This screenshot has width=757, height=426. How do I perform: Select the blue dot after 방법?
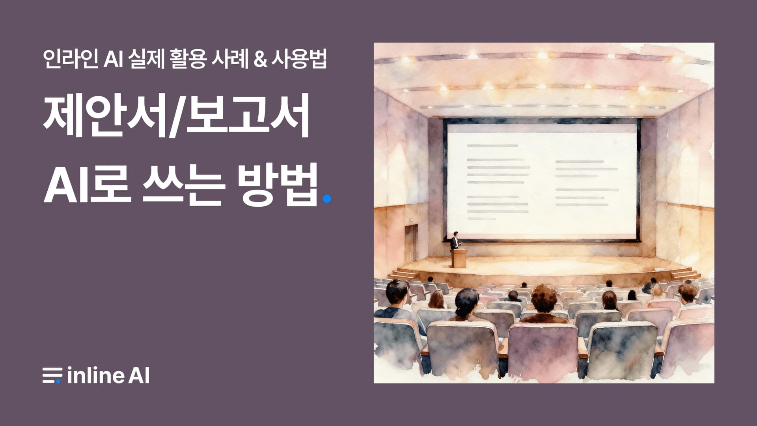pyautogui.click(x=326, y=199)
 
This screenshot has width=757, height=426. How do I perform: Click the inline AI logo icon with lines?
pyautogui.click(x=52, y=375)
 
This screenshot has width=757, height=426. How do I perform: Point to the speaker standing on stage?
pyautogui.click(x=455, y=241)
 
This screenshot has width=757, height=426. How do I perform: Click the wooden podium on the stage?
pyautogui.click(x=459, y=258)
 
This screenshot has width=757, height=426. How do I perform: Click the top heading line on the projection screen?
pyautogui.click(x=492, y=146)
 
